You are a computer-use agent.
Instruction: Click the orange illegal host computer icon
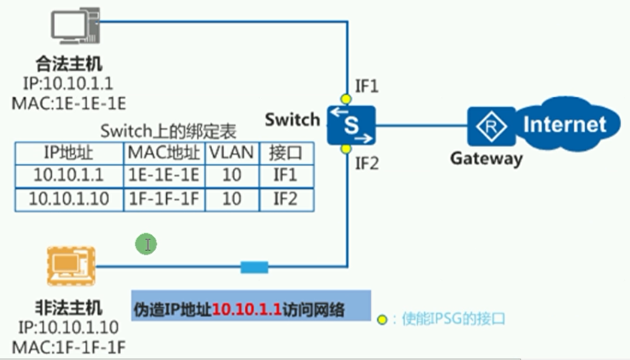[x=71, y=267]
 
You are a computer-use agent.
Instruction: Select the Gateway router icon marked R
[x=491, y=127]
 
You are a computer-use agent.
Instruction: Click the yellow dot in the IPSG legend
[x=383, y=320]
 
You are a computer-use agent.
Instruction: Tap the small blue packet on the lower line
[x=254, y=268]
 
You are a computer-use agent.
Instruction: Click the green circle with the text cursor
[x=147, y=244]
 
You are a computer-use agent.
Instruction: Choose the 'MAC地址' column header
[x=164, y=153]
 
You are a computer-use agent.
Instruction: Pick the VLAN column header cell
[x=231, y=153]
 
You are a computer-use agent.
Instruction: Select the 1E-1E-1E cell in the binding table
[x=164, y=175]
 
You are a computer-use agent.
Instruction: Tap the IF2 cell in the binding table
[x=285, y=198]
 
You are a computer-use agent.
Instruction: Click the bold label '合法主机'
[x=69, y=63]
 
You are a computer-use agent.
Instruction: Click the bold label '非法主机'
[x=69, y=307]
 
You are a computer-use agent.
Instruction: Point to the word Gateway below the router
[x=486, y=159]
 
